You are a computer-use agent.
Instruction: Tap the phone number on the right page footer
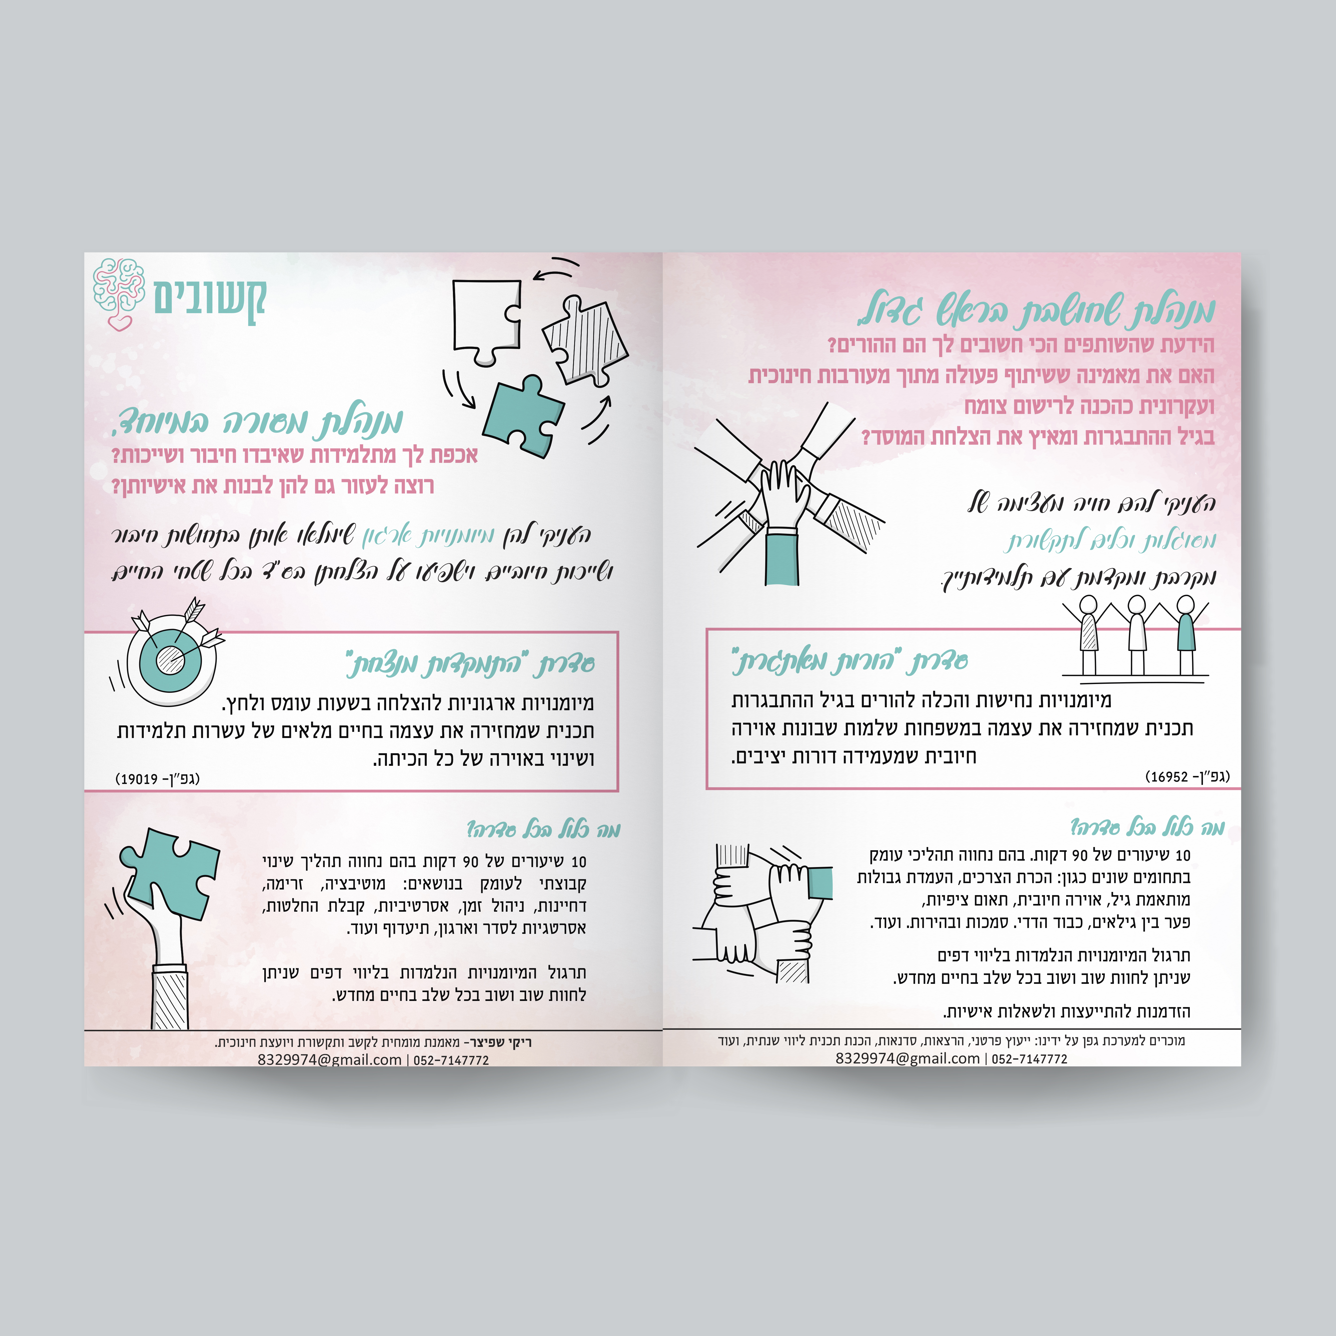coord(1030,1058)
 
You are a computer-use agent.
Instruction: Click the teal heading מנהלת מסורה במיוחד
coord(257,420)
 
